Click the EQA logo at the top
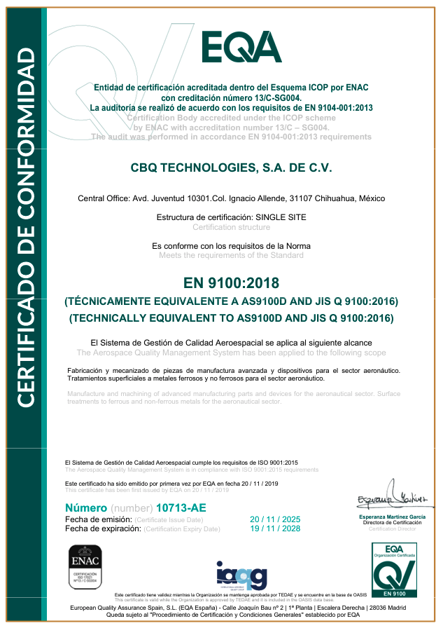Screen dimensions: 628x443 (241, 47)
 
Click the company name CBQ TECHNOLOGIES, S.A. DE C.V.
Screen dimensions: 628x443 (231, 168)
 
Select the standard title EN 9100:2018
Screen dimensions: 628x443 (231, 283)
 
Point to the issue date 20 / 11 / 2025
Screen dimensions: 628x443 (274, 519)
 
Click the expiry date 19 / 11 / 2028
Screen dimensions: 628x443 (274, 529)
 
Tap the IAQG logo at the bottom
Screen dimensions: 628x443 (241, 575)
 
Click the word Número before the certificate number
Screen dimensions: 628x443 (86, 507)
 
